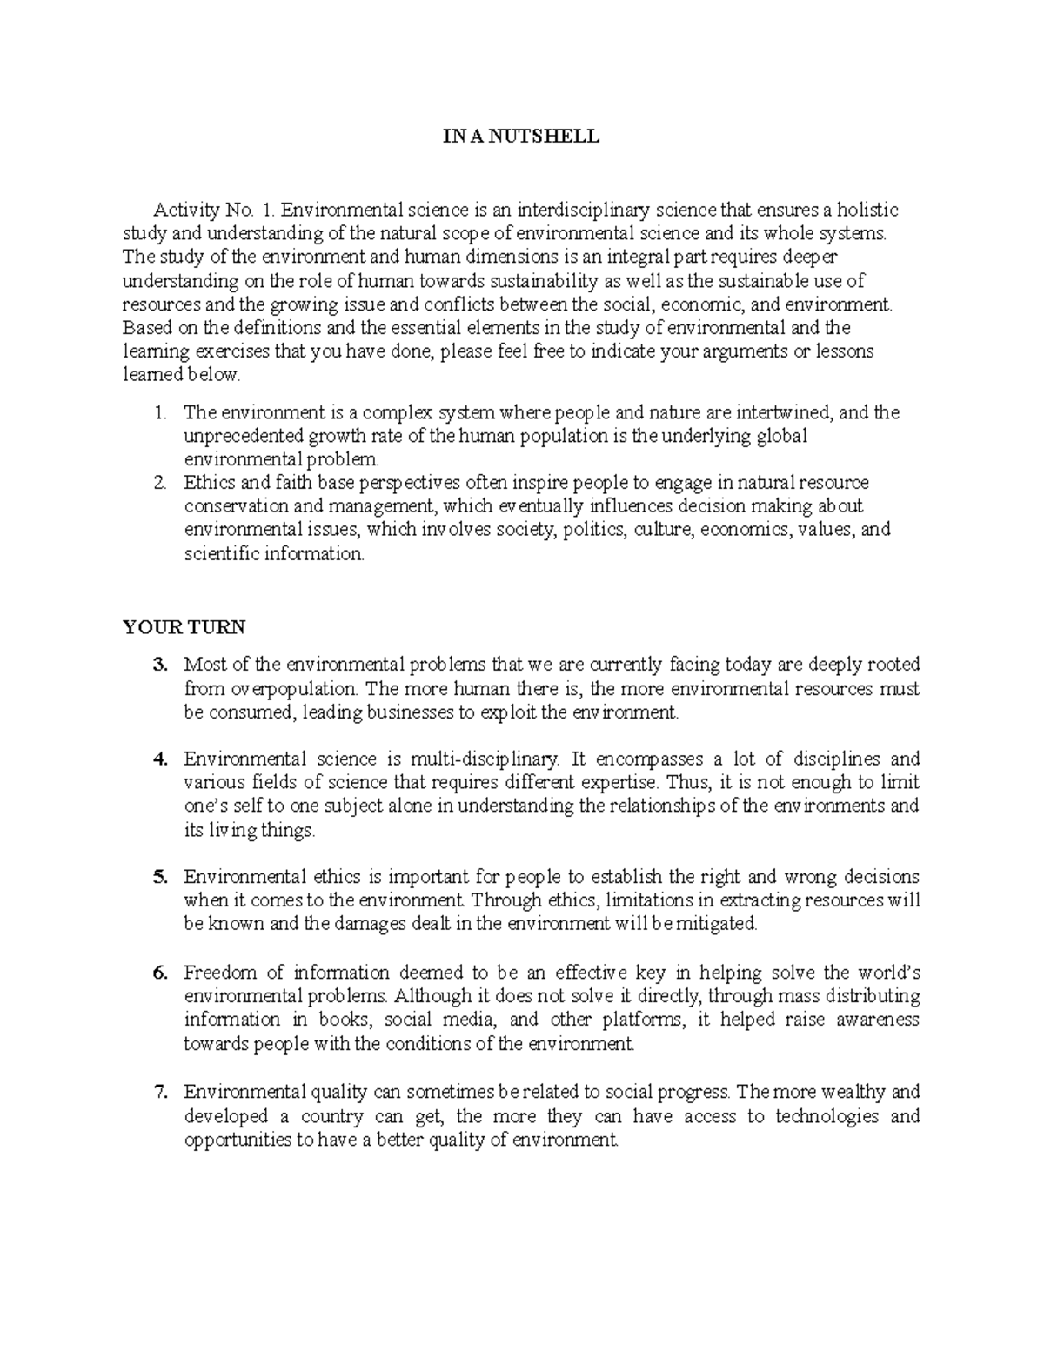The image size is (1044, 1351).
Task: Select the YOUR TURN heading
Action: (x=184, y=627)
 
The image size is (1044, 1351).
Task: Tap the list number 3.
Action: (x=159, y=665)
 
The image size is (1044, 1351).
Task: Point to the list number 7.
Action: (x=159, y=1093)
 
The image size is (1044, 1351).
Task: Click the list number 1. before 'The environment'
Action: (x=159, y=413)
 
